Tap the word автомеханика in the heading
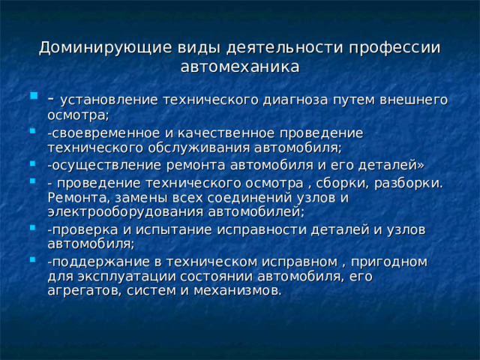240,67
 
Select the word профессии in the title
397,47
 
